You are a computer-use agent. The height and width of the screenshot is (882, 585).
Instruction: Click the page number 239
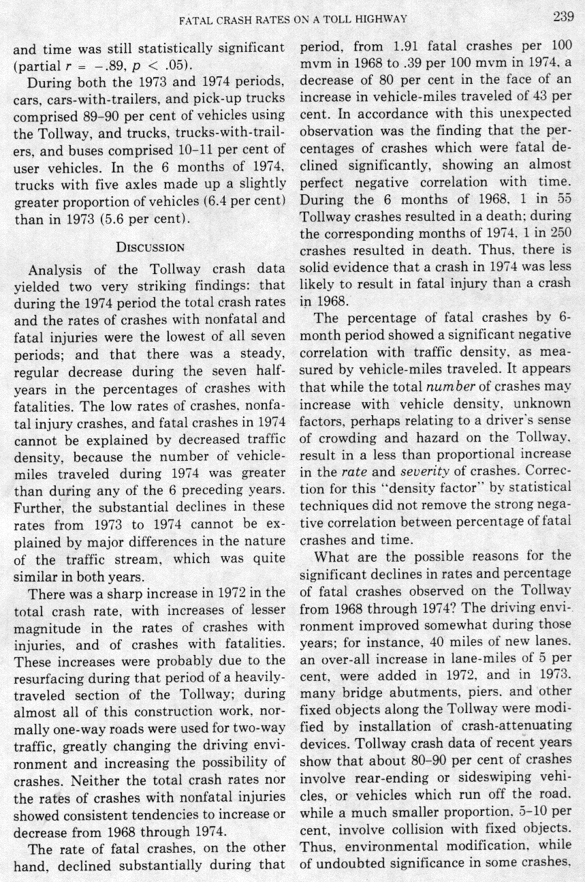coord(563,18)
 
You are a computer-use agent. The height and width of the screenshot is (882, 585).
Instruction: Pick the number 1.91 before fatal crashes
coord(408,49)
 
